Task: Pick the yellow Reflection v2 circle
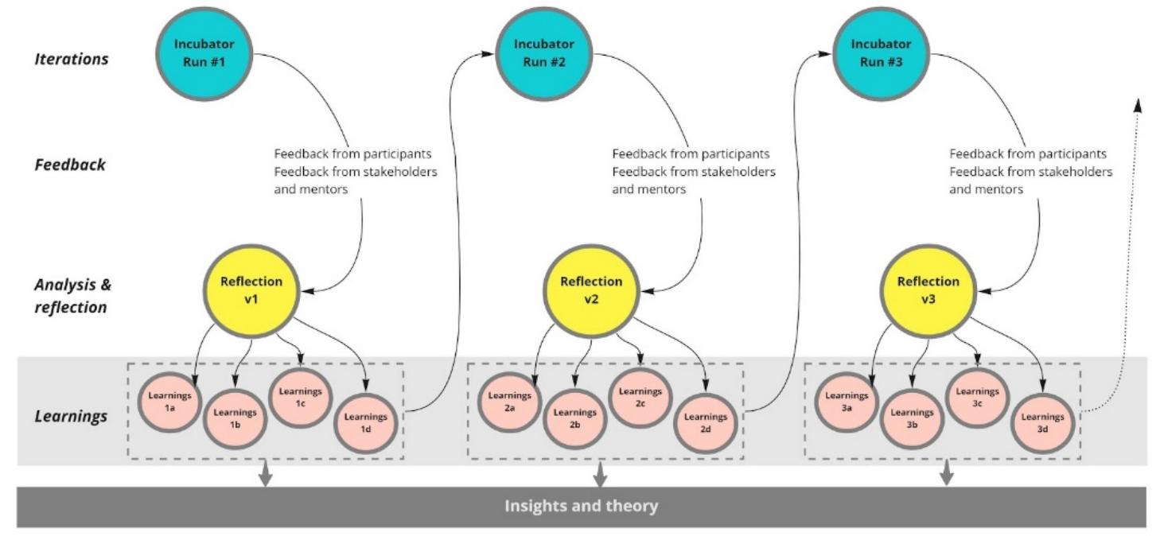click(x=591, y=288)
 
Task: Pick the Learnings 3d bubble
click(x=1042, y=422)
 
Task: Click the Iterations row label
click(x=72, y=59)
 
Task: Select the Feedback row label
click(x=71, y=165)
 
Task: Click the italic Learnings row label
click(x=71, y=416)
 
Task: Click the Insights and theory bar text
click(x=582, y=506)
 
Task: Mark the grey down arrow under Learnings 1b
click(x=265, y=474)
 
